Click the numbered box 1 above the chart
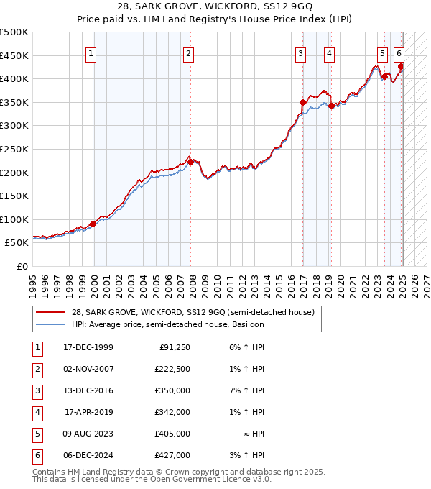pyautogui.click(x=92, y=52)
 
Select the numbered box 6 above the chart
pyautogui.click(x=399, y=52)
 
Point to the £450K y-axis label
pyautogui.click(x=14, y=55)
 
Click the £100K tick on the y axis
pyautogui.click(x=14, y=219)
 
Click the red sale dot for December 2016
pyautogui.click(x=302, y=103)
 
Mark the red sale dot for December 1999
pyautogui.click(x=93, y=224)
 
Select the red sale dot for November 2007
pyautogui.click(x=190, y=163)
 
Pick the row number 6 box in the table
pyautogui.click(x=36, y=456)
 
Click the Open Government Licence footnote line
pyautogui.click(x=152, y=479)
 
